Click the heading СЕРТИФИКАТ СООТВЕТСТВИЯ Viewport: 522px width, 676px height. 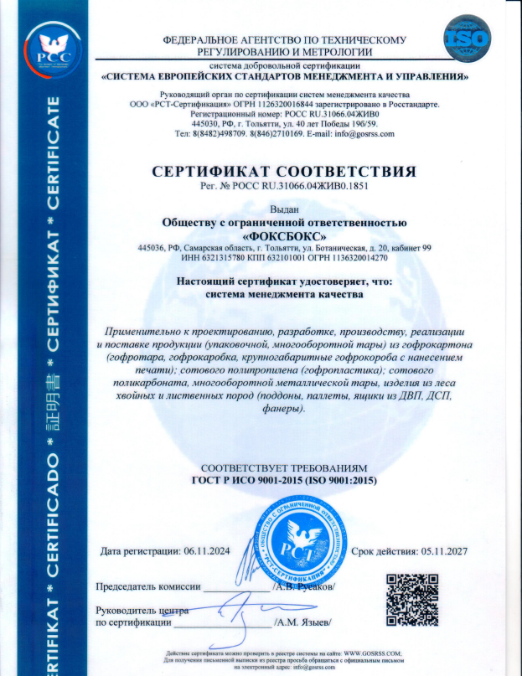click(x=284, y=172)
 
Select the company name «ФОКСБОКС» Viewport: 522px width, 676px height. click(x=284, y=235)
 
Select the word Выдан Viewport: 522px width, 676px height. click(x=285, y=209)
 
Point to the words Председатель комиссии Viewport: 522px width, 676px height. click(x=150, y=586)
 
